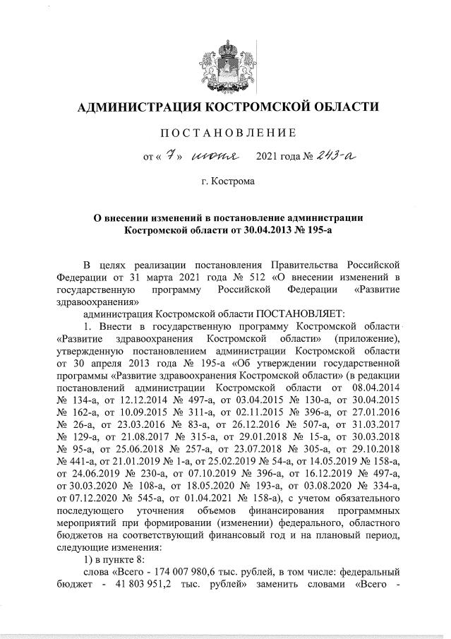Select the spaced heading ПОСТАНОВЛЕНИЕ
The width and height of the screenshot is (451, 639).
point(227,133)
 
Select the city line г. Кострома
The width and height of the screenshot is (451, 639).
point(227,182)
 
